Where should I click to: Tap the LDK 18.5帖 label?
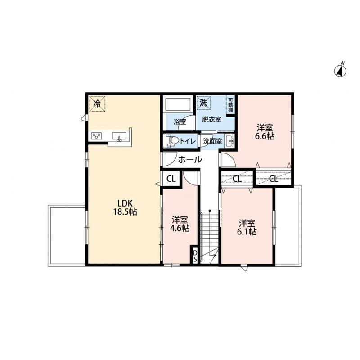pyautogui.click(x=125, y=207)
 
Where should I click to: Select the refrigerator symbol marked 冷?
pyautogui.click(x=97, y=104)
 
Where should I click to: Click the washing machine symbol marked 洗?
pyautogui.click(x=203, y=103)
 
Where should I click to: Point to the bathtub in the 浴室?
pyautogui.click(x=178, y=104)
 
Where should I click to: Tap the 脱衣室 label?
pyautogui.click(x=211, y=120)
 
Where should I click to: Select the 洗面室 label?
pyautogui.click(x=213, y=141)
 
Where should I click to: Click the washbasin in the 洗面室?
pyautogui.click(x=229, y=140)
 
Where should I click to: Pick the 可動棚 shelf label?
pyautogui.click(x=230, y=104)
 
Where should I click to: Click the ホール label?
pyautogui.click(x=190, y=159)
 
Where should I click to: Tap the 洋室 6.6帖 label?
pyautogui.click(x=265, y=132)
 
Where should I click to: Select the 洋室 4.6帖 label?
pyautogui.click(x=180, y=224)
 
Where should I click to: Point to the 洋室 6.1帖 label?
pyautogui.click(x=247, y=227)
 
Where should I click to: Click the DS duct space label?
pyautogui.click(x=195, y=256)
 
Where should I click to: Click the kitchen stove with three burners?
pyautogui.click(x=96, y=136)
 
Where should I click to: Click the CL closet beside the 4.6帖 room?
pyautogui.click(x=171, y=179)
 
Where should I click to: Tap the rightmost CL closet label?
pyautogui.click(x=274, y=178)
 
